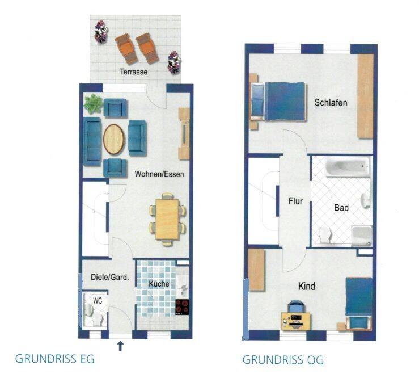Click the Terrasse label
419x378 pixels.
(134, 72)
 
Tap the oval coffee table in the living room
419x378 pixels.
(114, 139)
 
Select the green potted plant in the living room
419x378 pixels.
(93, 103)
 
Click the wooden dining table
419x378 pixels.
(167, 219)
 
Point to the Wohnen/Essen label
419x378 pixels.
(159, 174)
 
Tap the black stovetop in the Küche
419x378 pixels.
(182, 306)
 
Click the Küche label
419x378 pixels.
(159, 284)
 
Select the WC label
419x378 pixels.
(98, 301)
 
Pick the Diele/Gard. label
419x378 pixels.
(110, 277)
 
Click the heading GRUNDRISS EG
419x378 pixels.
(55, 359)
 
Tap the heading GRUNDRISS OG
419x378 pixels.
(283, 360)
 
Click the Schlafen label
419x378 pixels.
(331, 103)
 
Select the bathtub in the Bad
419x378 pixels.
(348, 167)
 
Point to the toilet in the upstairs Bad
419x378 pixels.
(325, 235)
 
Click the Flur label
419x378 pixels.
(295, 201)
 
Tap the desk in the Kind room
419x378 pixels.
(296, 321)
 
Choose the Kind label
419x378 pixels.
(307, 286)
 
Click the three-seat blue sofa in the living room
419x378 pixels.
(92, 141)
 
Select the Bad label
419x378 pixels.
(341, 208)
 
